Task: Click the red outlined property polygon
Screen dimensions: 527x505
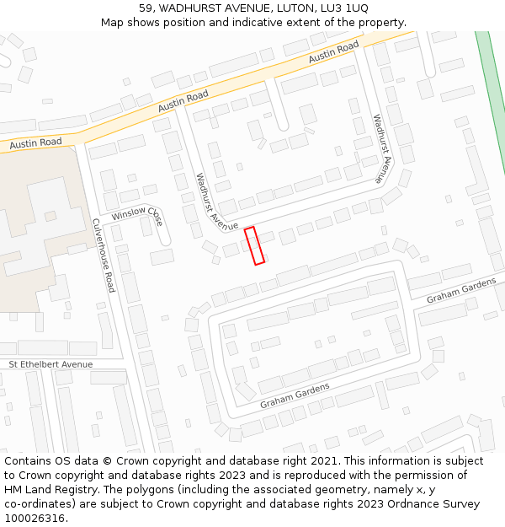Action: coord(254,245)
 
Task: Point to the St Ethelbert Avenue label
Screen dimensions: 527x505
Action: coord(50,364)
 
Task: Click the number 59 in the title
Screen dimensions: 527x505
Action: coord(146,8)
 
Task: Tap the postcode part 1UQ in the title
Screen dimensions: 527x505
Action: coord(353,8)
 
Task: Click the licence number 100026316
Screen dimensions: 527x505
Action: coord(35,519)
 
